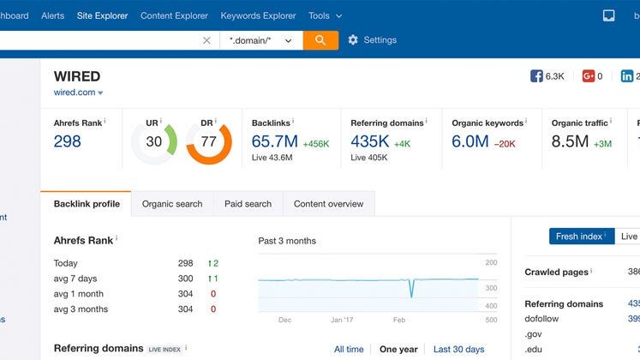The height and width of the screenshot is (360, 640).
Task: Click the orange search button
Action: pos(320,40)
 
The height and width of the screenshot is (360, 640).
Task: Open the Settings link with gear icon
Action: pos(372,40)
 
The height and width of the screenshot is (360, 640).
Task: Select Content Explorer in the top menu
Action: pos(174,15)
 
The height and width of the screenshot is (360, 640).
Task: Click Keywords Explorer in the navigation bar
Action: pos(258,15)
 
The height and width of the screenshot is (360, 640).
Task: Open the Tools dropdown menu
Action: pos(325,15)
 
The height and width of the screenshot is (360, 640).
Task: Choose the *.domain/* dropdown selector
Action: pos(260,40)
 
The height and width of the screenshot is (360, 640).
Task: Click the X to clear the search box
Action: pos(206,40)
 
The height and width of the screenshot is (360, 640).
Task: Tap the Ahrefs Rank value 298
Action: pos(68,141)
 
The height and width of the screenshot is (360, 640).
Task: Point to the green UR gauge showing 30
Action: pos(154,141)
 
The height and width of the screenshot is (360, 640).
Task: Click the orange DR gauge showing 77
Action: pos(208,141)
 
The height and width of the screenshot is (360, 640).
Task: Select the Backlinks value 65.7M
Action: pos(274,141)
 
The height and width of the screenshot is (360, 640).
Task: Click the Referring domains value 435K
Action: pos(370,141)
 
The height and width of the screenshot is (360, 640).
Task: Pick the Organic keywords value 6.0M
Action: pos(470,141)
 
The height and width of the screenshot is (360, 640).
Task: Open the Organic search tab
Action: pos(172,204)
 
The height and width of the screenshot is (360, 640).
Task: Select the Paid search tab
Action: pos(248,204)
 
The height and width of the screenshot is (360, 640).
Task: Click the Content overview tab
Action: pos(328,204)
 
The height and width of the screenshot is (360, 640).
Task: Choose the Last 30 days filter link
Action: pos(458,349)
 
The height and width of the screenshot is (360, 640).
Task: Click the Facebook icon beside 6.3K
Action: pos(536,76)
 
